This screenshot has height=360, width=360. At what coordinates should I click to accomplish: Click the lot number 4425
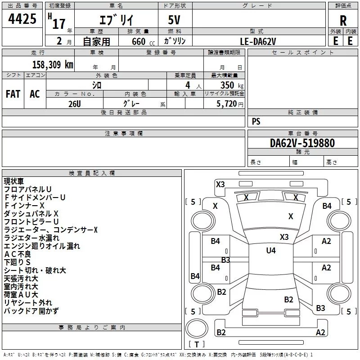point(22,20)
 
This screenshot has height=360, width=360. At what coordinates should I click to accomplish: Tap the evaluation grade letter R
point(343,20)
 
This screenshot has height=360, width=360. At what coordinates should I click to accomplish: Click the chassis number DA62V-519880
point(302,143)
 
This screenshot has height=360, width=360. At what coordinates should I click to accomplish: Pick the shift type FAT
point(13,94)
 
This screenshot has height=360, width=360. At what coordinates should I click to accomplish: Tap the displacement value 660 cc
point(138,41)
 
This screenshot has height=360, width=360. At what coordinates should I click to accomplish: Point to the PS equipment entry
point(256,121)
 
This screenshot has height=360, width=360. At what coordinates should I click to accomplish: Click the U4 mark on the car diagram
point(270,251)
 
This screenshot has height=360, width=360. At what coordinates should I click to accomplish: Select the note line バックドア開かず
point(31,311)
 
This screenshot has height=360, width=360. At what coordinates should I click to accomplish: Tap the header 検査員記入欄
point(92,173)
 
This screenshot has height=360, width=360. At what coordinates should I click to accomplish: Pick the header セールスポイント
point(304,53)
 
